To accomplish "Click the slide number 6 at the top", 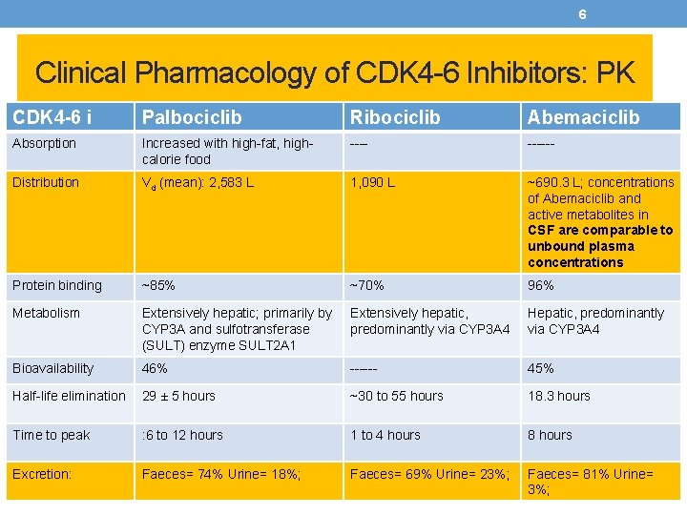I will pos(582,14).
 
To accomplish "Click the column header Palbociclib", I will pos(192,117).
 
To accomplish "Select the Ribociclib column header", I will pos(395,117).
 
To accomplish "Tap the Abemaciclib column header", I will pos(583,117).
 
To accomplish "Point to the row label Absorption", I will pos(45,143).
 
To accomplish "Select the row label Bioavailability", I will pos(53,368).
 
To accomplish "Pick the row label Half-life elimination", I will pos(69,396).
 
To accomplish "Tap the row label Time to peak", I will pos(52,435).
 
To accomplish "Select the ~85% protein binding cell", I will pos(158,285).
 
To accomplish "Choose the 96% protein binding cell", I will pos(541,285).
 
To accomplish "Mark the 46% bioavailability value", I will pos(155,368).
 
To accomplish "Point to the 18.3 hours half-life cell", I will pos(559,396).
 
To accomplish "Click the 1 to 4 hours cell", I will pos(385,435).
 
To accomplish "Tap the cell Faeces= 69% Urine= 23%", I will pos(430,473).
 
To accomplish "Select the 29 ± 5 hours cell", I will pos(178,396).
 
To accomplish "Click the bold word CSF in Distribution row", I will pos(542,230).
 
